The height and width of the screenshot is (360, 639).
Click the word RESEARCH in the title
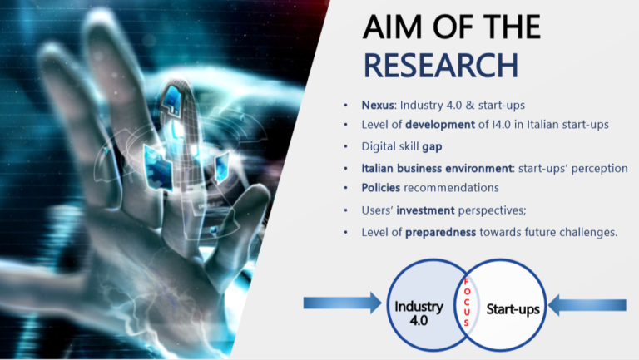(x=440, y=65)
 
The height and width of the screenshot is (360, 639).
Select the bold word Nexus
(x=378, y=105)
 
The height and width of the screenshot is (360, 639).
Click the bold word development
(x=440, y=125)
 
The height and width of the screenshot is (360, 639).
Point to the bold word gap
(x=432, y=147)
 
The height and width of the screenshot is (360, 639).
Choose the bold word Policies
(x=380, y=187)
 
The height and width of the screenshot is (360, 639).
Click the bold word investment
(x=425, y=210)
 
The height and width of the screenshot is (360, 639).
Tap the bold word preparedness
(x=440, y=233)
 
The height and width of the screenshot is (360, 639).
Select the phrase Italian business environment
(x=437, y=168)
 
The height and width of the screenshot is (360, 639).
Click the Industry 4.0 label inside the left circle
(x=419, y=313)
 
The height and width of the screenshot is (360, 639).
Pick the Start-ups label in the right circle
(x=513, y=309)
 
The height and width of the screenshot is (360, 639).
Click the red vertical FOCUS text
(x=467, y=302)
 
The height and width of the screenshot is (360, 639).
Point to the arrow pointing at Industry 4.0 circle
(x=342, y=303)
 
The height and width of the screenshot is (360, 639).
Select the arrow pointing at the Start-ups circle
(x=587, y=305)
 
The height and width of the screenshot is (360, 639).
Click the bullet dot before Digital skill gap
(x=345, y=146)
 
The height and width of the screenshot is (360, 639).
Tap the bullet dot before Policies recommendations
(x=345, y=188)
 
